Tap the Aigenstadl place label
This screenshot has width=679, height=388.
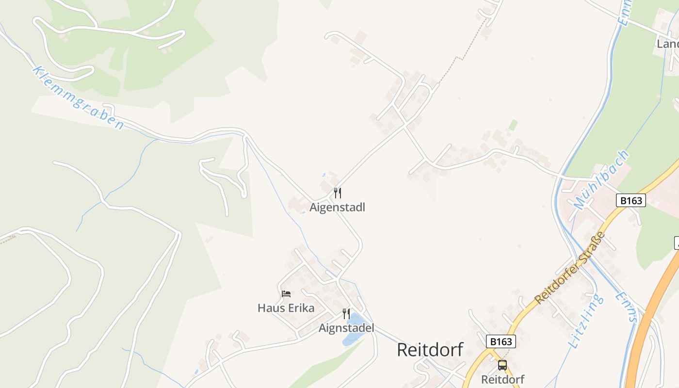point(338,208)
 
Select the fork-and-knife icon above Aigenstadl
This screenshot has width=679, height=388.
point(338,193)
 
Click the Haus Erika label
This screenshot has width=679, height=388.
point(286,308)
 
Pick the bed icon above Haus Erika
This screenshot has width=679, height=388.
point(286,294)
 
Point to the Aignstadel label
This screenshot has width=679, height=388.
point(346,328)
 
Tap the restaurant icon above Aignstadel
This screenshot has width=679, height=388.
point(346,314)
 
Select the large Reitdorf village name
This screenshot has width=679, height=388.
point(430,350)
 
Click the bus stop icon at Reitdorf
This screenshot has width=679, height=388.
point(502,365)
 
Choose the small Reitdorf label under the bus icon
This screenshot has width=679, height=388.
point(502,379)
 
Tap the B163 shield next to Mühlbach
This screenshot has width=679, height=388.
point(631,200)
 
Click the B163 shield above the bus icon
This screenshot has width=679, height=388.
point(501,341)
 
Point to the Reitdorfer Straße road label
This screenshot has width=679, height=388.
point(570,268)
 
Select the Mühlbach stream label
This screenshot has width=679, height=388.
point(601,180)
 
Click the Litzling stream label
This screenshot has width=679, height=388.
point(587,321)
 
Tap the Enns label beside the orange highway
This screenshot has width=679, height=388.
point(626,307)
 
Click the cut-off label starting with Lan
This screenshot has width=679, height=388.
point(667,44)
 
